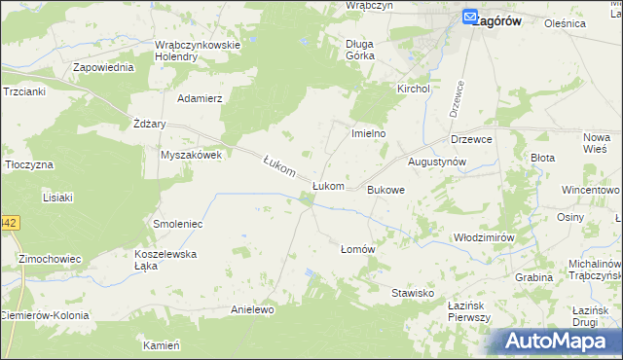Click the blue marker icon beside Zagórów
(x=469, y=17)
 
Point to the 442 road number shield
(x=8, y=223)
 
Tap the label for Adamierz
(x=200, y=98)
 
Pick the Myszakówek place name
(x=192, y=155)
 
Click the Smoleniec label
(x=177, y=224)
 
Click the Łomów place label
(x=357, y=249)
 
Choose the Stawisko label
(x=412, y=293)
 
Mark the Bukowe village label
(x=385, y=190)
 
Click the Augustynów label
(x=438, y=161)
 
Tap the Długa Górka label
(x=367, y=49)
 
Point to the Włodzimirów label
(x=483, y=237)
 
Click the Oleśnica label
(x=592, y=22)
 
